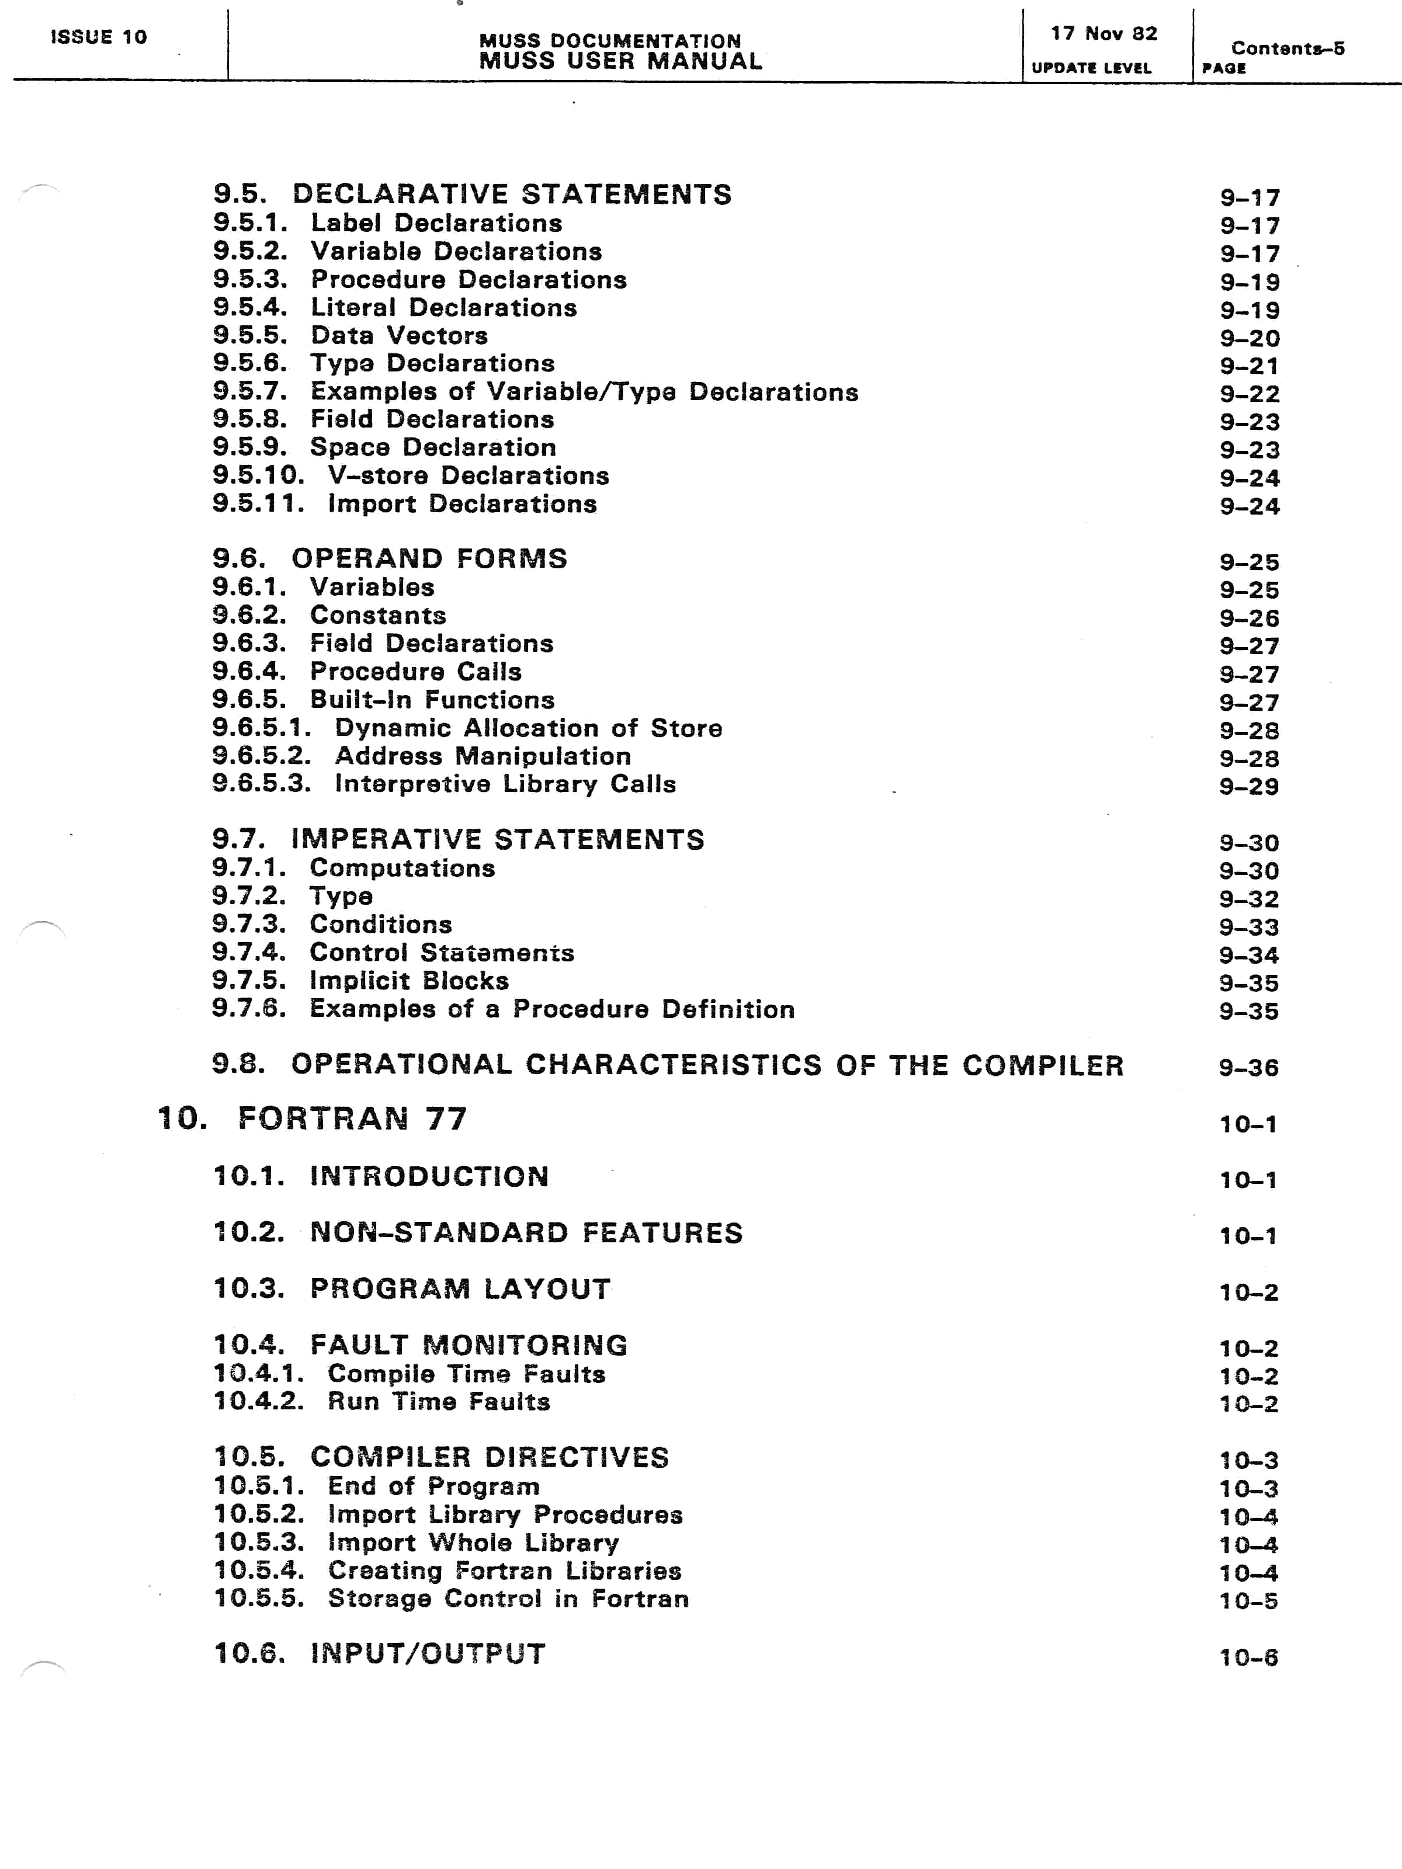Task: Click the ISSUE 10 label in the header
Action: pos(99,37)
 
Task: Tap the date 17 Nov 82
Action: pos(1103,34)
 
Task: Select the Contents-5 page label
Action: pos(1287,48)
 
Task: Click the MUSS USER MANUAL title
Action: pos(620,61)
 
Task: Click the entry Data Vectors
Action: pos(399,335)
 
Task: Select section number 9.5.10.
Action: pos(258,475)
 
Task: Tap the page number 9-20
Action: pos(1249,339)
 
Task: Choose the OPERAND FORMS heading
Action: pos(429,558)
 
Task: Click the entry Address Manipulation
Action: pos(483,756)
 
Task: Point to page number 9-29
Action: pos(1248,787)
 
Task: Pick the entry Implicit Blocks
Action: pos(409,981)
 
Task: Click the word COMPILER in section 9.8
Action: pos(1043,1065)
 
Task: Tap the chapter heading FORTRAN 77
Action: pos(352,1118)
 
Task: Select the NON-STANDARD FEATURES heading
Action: pos(526,1233)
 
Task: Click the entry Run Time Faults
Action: pos(439,1402)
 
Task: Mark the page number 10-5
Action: pos(1248,1601)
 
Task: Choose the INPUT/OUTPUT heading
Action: pos(428,1653)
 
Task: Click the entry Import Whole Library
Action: pos(473,1543)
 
